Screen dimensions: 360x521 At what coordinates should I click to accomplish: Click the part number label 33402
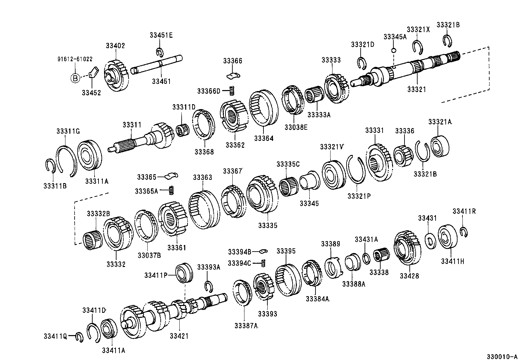point(115,46)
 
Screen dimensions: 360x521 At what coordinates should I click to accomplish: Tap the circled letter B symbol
point(75,78)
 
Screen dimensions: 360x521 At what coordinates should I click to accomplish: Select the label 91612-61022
point(75,59)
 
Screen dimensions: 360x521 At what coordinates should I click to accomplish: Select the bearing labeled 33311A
point(90,155)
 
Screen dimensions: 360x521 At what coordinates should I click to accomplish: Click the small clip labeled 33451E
point(159,52)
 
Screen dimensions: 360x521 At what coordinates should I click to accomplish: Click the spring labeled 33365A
point(171,190)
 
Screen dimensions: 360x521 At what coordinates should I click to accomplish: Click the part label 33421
point(179,336)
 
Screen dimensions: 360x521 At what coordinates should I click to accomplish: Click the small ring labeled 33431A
point(367,258)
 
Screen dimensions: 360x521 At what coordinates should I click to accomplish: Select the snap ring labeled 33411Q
point(79,337)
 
